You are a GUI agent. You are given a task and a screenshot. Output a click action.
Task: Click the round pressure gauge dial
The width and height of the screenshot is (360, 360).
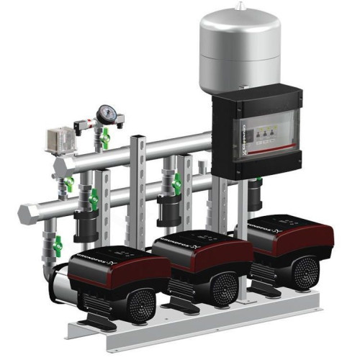106,113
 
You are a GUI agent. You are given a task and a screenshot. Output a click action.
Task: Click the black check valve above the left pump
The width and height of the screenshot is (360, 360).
87,220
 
